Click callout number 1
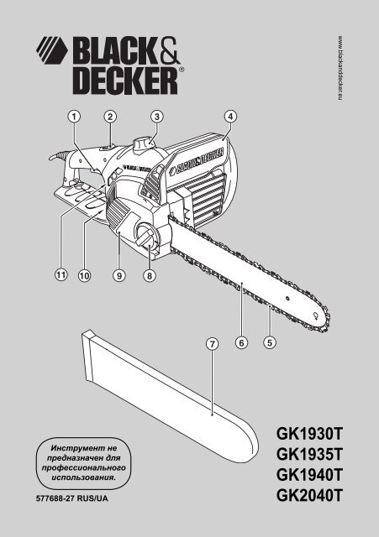coord(74,117)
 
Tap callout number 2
coord(110,117)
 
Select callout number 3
coord(157,117)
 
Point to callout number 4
coord(230,117)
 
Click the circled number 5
coord(270,342)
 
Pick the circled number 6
coord(242,342)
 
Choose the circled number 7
coord(213,343)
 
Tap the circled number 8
coord(150,275)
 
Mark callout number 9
coord(119,275)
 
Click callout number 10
coord(84,275)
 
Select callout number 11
coord(61,274)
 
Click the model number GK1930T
coord(309,434)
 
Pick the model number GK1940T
coord(309,475)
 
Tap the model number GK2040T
coord(309,495)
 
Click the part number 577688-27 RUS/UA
coord(72,498)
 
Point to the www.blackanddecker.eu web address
coord(340,68)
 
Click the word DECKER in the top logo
coord(125,81)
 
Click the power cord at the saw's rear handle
coord(58,156)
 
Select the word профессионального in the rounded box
coord(84,467)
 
